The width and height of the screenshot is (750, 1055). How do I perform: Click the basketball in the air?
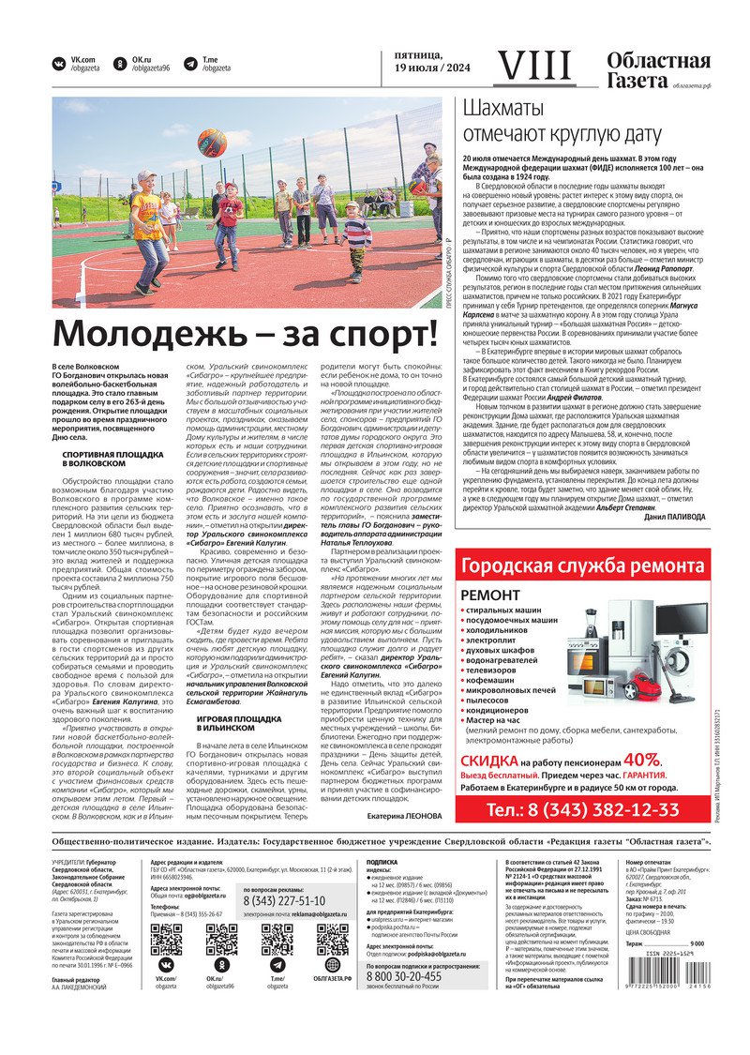[213, 143]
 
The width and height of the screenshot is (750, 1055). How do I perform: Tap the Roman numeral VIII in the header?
[532, 66]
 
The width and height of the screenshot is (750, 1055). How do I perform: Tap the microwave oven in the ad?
[596, 686]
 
